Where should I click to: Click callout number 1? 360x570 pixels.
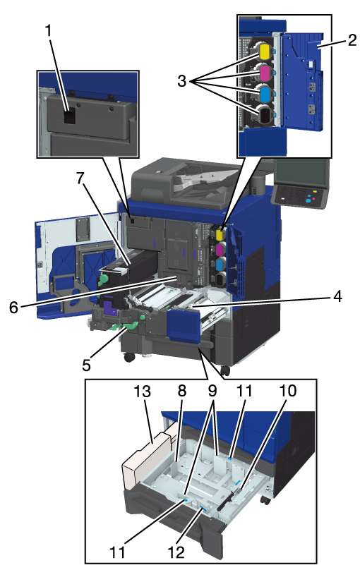[x=49, y=32]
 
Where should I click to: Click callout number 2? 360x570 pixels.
[x=352, y=40]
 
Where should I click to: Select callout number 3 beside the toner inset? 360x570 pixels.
[x=182, y=80]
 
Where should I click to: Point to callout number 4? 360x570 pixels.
[x=337, y=296]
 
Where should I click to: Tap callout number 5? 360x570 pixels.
[x=86, y=365]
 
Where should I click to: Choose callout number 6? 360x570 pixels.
[x=13, y=307]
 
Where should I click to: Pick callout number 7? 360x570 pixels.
[x=80, y=178]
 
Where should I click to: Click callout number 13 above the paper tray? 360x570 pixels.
[x=141, y=392]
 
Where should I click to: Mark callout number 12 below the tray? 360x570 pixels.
[x=176, y=552]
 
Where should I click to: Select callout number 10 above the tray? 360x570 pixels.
[x=287, y=391]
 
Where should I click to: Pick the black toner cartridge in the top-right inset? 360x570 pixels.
[x=265, y=114]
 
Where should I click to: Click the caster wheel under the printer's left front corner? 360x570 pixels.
[x=129, y=357]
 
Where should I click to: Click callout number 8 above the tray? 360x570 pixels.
[x=182, y=391]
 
